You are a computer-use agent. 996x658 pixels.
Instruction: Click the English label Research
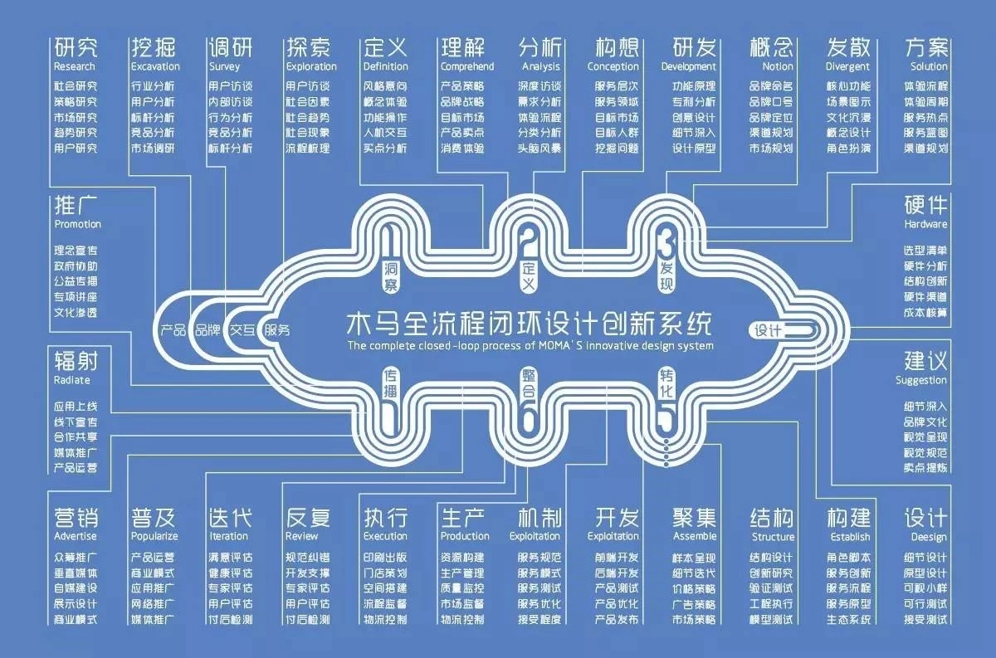[x=75, y=66]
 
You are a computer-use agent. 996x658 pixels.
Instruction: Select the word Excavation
[x=155, y=66]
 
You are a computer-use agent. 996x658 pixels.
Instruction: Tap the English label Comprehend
[x=466, y=66]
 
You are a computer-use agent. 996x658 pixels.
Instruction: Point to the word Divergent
[x=847, y=66]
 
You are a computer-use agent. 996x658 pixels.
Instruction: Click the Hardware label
[x=925, y=224]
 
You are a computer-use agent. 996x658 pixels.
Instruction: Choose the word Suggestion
[x=921, y=380]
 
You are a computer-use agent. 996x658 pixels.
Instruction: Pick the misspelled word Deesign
[x=928, y=537]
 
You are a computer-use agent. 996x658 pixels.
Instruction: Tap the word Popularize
[x=154, y=537]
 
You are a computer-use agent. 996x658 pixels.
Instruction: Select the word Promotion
[x=77, y=224]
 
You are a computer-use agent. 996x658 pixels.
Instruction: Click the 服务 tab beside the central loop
[x=277, y=329]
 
